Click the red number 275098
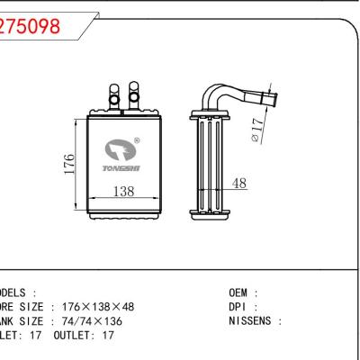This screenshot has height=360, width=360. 31,26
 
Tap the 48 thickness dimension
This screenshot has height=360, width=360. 238,183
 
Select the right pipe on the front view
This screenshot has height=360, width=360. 134,93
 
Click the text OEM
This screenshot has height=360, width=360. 241,293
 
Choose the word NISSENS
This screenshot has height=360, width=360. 255,320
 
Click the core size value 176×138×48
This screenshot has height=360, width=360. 104,307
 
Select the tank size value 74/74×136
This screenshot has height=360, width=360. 94,321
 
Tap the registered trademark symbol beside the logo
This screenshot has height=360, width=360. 136,140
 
